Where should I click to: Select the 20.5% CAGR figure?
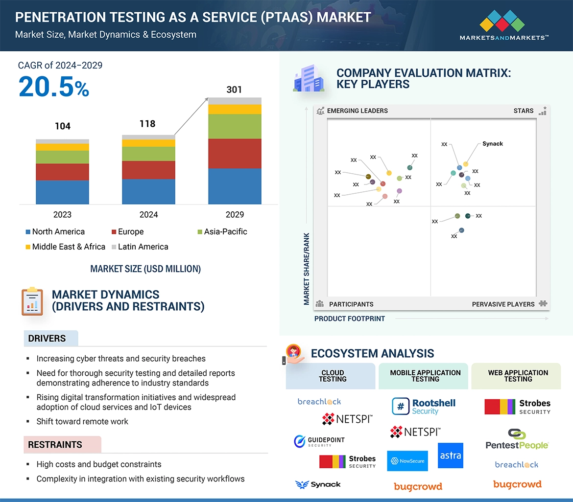(x=54, y=87)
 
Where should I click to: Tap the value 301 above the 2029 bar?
(x=234, y=90)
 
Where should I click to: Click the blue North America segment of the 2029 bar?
(x=235, y=186)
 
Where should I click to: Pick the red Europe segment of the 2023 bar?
(x=62, y=172)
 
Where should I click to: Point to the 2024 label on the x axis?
(x=148, y=214)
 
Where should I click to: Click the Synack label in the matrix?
(x=492, y=144)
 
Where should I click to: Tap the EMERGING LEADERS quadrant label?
(x=357, y=111)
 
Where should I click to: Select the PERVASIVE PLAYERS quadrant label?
(x=503, y=304)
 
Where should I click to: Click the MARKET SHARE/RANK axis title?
(x=307, y=269)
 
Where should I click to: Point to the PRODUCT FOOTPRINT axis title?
(x=350, y=319)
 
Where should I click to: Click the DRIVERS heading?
(x=47, y=339)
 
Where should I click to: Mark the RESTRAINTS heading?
(x=55, y=445)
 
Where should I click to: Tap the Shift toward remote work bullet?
(x=82, y=421)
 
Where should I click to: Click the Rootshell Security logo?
(x=424, y=407)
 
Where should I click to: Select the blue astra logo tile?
(x=450, y=456)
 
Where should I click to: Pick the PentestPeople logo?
(x=517, y=439)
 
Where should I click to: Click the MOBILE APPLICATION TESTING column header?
(x=425, y=376)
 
